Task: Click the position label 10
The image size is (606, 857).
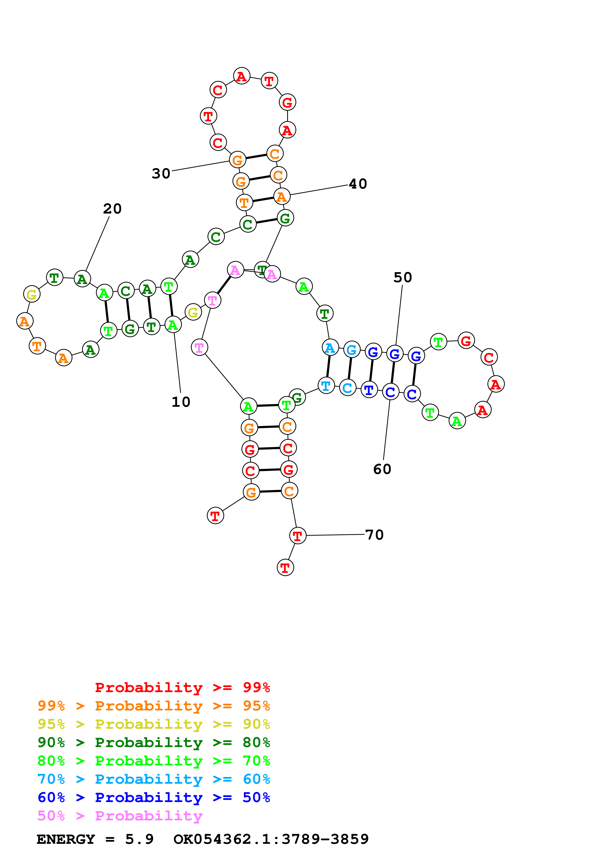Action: point(181,402)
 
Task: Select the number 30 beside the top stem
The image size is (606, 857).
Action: point(161,173)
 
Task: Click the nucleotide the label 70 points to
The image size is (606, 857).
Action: point(297,536)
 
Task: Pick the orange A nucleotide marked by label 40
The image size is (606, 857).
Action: point(282,197)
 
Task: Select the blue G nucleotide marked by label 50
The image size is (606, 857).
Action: point(395,354)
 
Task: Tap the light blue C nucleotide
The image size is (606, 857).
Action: point(348,388)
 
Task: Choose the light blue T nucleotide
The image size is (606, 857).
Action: point(326,385)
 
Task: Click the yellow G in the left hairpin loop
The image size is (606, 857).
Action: point(32,294)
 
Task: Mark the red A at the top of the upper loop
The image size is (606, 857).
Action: point(242,76)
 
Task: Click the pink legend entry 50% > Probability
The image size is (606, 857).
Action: point(120,815)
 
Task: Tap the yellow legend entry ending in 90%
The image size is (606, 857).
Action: point(154,724)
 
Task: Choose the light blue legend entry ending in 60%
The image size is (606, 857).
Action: point(154,779)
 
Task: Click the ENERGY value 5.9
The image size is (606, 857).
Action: point(139,839)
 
